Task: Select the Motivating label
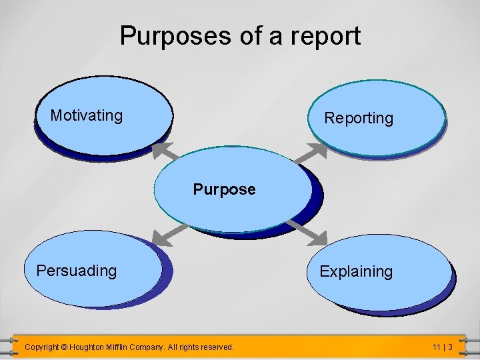[x=87, y=115]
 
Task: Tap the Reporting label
[x=359, y=119]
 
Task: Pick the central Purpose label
[x=224, y=190]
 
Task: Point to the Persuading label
[x=77, y=271]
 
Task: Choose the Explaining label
[x=356, y=272]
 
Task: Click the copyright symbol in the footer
[x=65, y=347]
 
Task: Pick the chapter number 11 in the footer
[x=436, y=347]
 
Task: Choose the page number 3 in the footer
[x=451, y=347]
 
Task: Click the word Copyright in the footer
[x=41, y=347]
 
